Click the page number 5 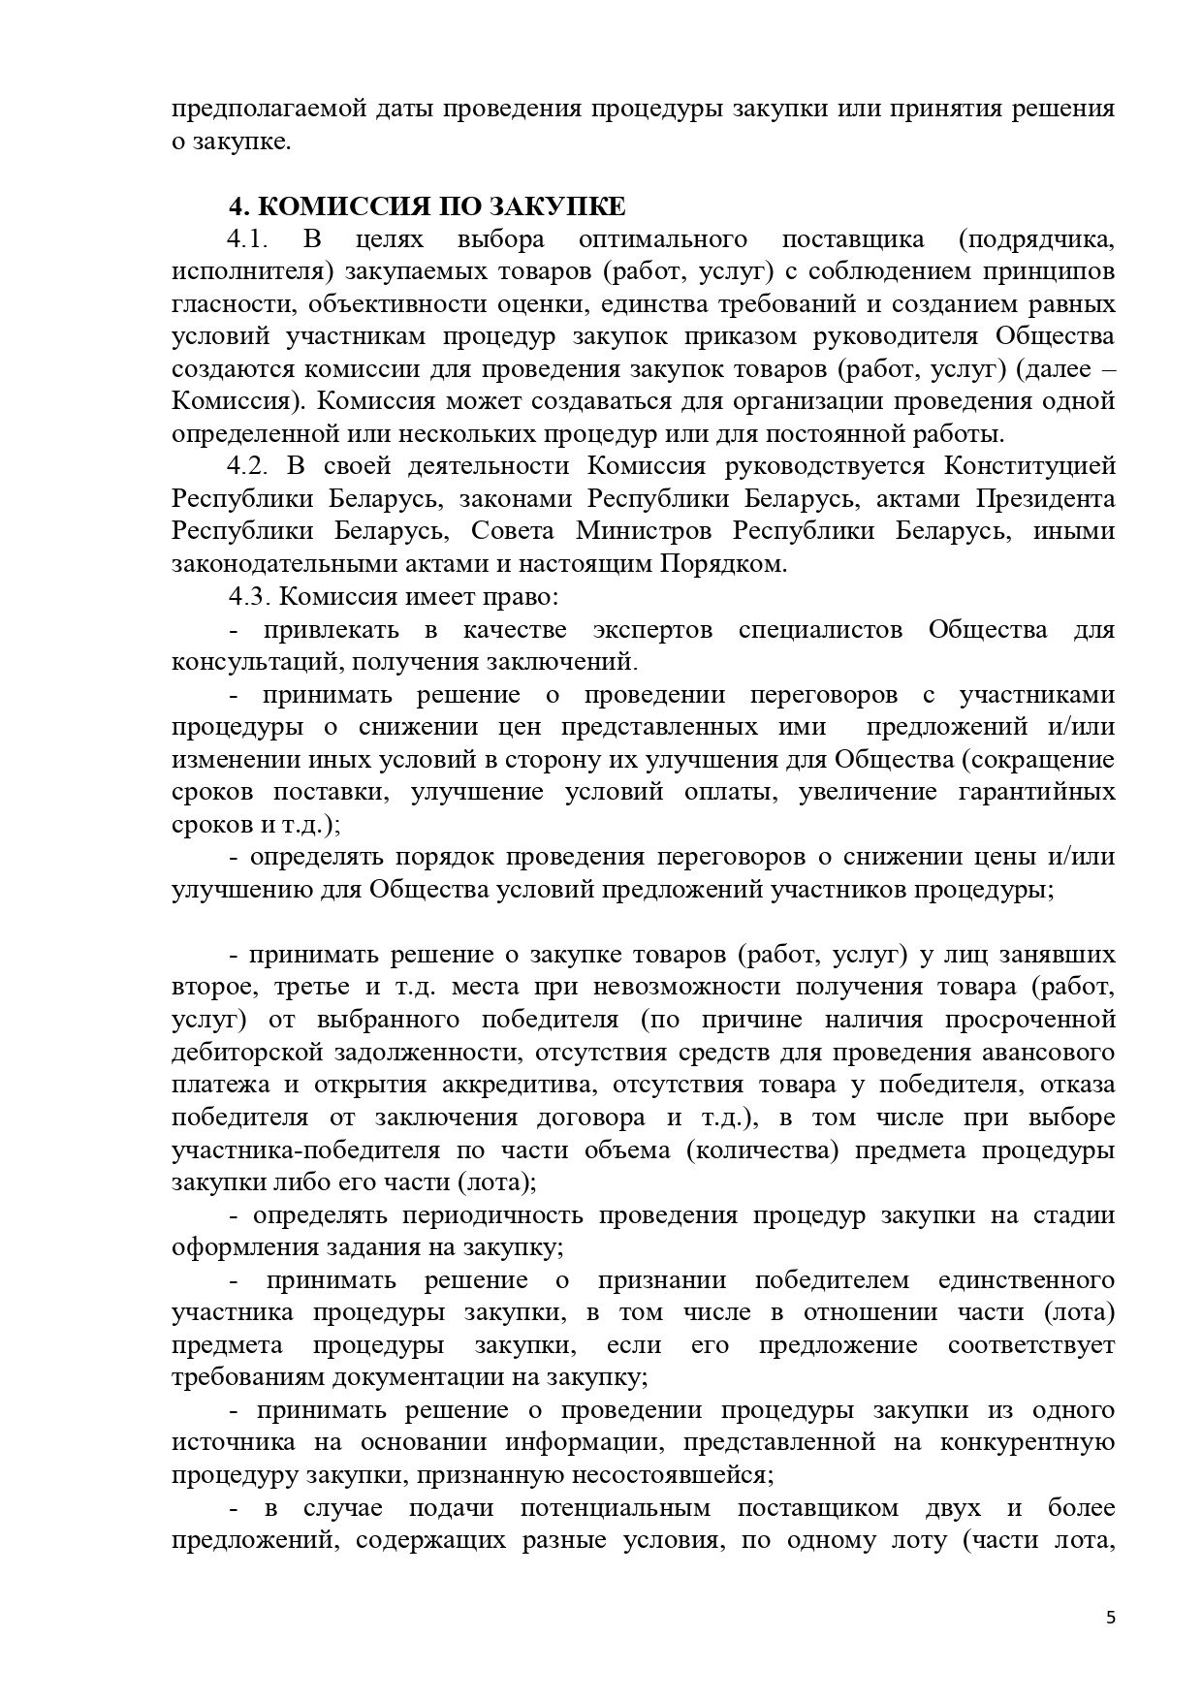1110,1617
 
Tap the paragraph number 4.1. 247,239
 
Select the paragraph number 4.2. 247,466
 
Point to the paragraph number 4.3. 247,596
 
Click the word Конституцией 1029,466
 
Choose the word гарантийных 1036,792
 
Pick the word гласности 227,304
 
